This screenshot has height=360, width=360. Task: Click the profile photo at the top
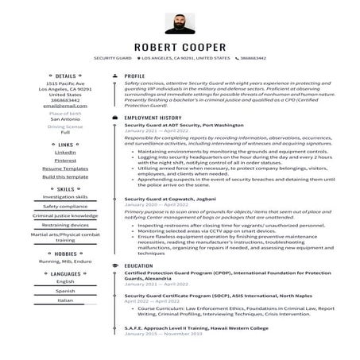coord(180,25)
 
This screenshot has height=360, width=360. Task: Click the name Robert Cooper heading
coord(180,47)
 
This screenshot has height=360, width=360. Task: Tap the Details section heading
coord(66,76)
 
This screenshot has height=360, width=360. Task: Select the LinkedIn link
coord(65,152)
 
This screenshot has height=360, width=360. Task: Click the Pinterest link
coord(65,160)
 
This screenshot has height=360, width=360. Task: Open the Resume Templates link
coord(65,168)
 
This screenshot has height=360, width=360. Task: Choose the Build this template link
coord(65,176)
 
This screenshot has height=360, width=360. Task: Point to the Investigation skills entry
coord(65,196)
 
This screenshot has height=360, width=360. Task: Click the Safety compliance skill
coord(65,206)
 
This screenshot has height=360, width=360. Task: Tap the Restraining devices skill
coord(65,225)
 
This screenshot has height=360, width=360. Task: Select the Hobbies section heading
coord(66,254)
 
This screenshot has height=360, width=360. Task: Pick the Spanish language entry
coord(65,291)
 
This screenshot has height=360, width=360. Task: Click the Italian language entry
coord(65,300)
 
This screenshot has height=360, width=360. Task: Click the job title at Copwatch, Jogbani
coord(170,199)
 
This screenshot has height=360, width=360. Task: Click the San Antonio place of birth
coord(65,118)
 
